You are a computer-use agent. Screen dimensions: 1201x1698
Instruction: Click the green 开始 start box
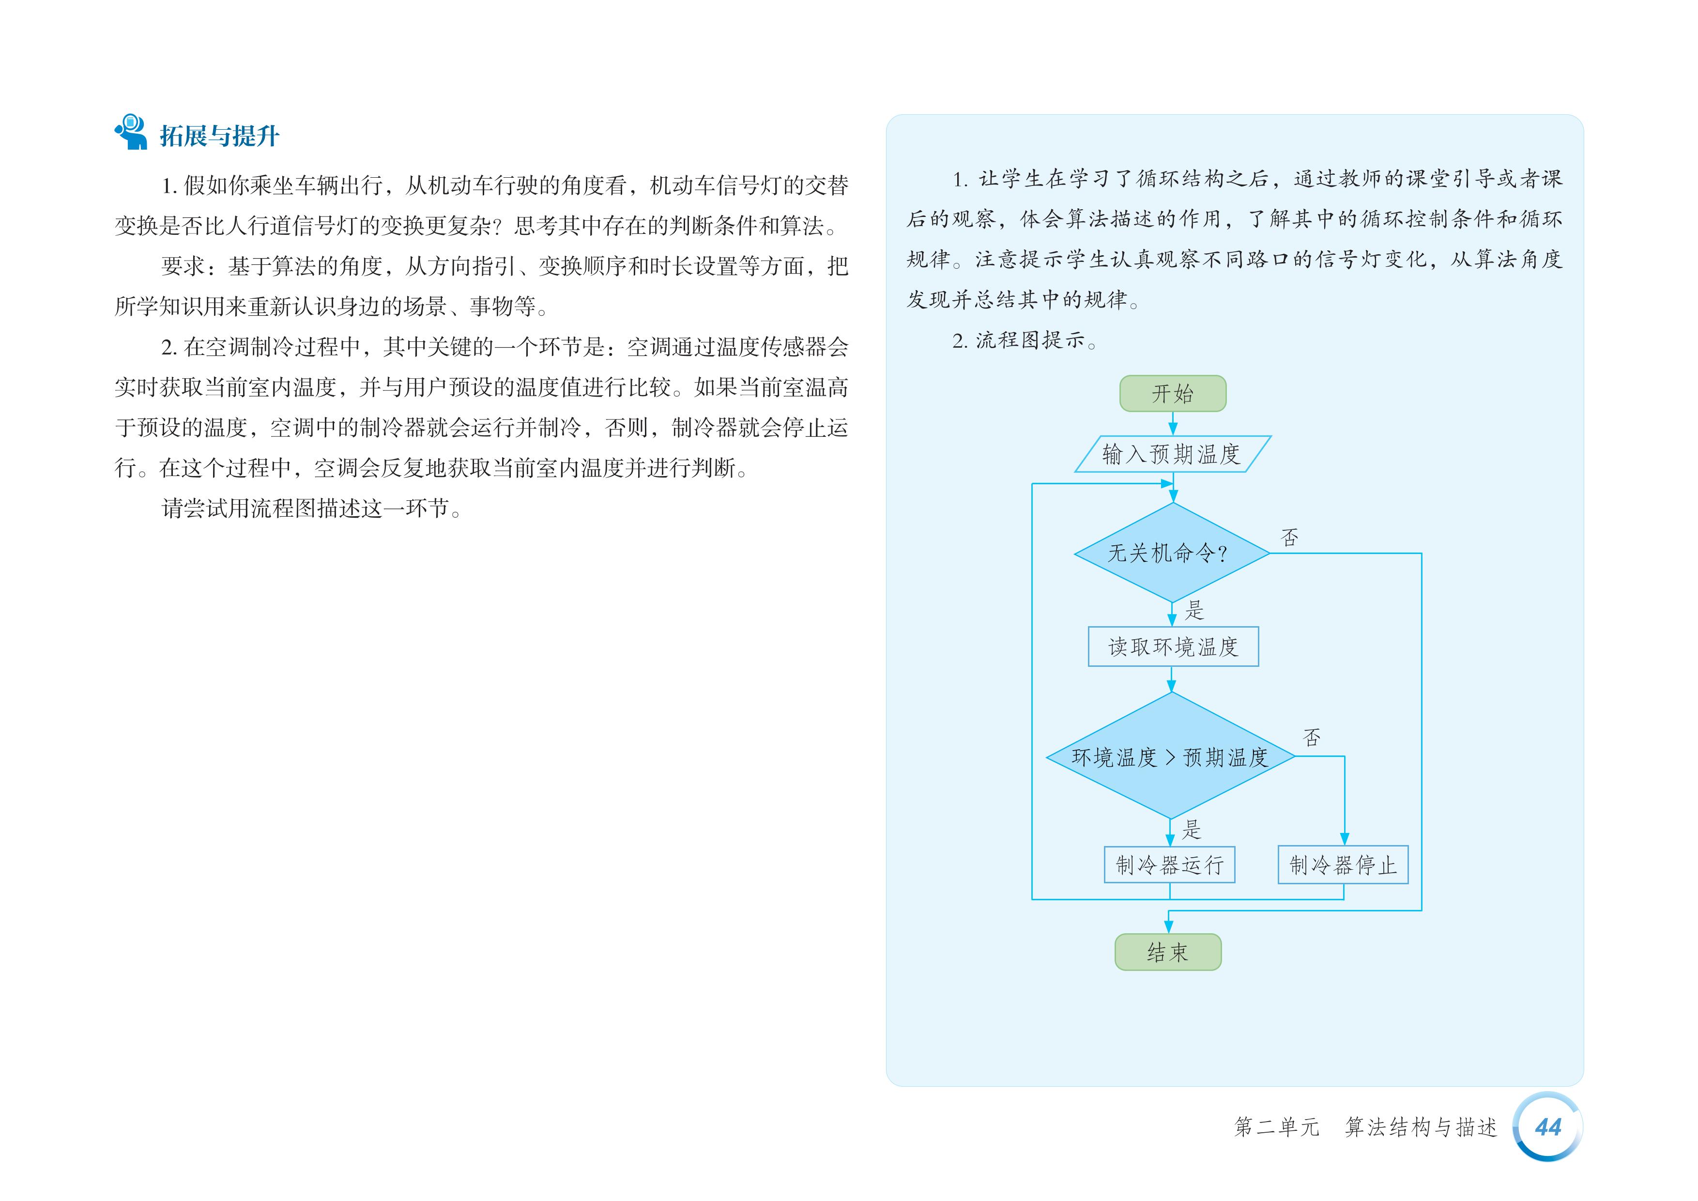[1172, 393]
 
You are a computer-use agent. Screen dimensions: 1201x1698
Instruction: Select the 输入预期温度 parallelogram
[1172, 453]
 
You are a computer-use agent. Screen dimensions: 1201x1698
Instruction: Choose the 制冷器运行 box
[1169, 864]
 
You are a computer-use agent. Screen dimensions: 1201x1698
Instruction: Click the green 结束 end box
[1168, 952]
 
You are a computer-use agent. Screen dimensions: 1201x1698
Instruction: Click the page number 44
[1548, 1127]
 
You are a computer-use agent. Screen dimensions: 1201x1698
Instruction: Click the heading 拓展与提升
[219, 136]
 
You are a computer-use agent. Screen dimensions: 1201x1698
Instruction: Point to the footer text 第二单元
[1276, 1127]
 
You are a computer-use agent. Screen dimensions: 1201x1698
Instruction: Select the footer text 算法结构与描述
[1421, 1127]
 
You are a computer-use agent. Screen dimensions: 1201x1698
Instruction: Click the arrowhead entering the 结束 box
[1168, 926]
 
